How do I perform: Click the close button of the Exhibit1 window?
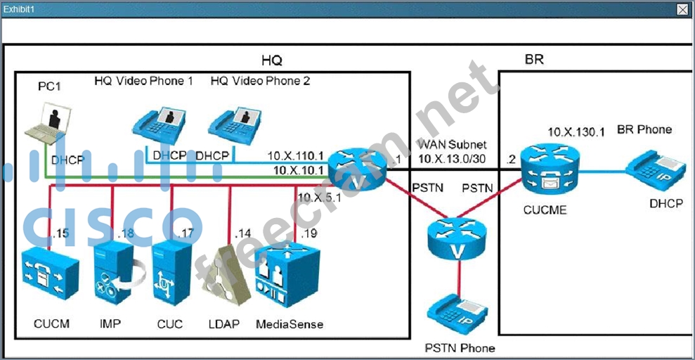(x=682, y=9)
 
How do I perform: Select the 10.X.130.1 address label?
(x=571, y=131)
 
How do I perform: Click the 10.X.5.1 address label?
(x=320, y=197)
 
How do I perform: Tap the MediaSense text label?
(x=290, y=324)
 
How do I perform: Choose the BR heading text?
(x=533, y=60)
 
